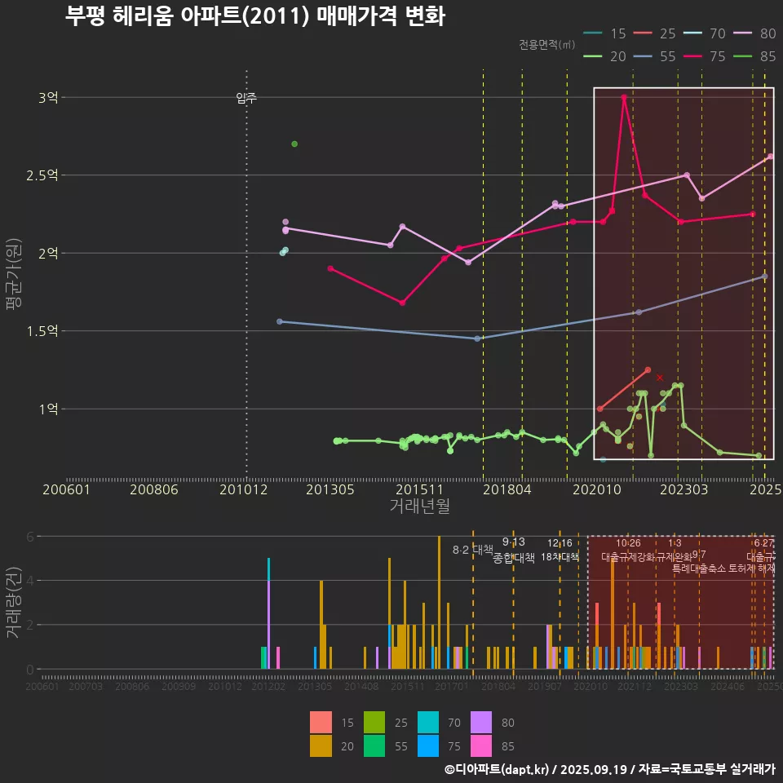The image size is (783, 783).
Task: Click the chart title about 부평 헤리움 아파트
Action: point(254,16)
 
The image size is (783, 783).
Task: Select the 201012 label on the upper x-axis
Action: point(246,489)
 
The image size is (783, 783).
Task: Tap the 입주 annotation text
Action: point(246,98)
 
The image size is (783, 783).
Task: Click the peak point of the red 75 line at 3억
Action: point(624,97)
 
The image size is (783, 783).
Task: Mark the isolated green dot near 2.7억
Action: point(294,144)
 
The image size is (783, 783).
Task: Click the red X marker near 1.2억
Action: point(660,378)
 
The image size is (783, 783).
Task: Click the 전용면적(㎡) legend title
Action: point(546,44)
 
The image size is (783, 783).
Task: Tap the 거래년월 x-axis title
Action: point(419,506)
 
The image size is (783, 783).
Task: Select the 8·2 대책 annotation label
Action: point(473,550)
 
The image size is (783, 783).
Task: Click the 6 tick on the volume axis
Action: point(30,537)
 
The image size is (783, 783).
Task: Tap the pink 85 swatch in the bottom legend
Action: point(483,745)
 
